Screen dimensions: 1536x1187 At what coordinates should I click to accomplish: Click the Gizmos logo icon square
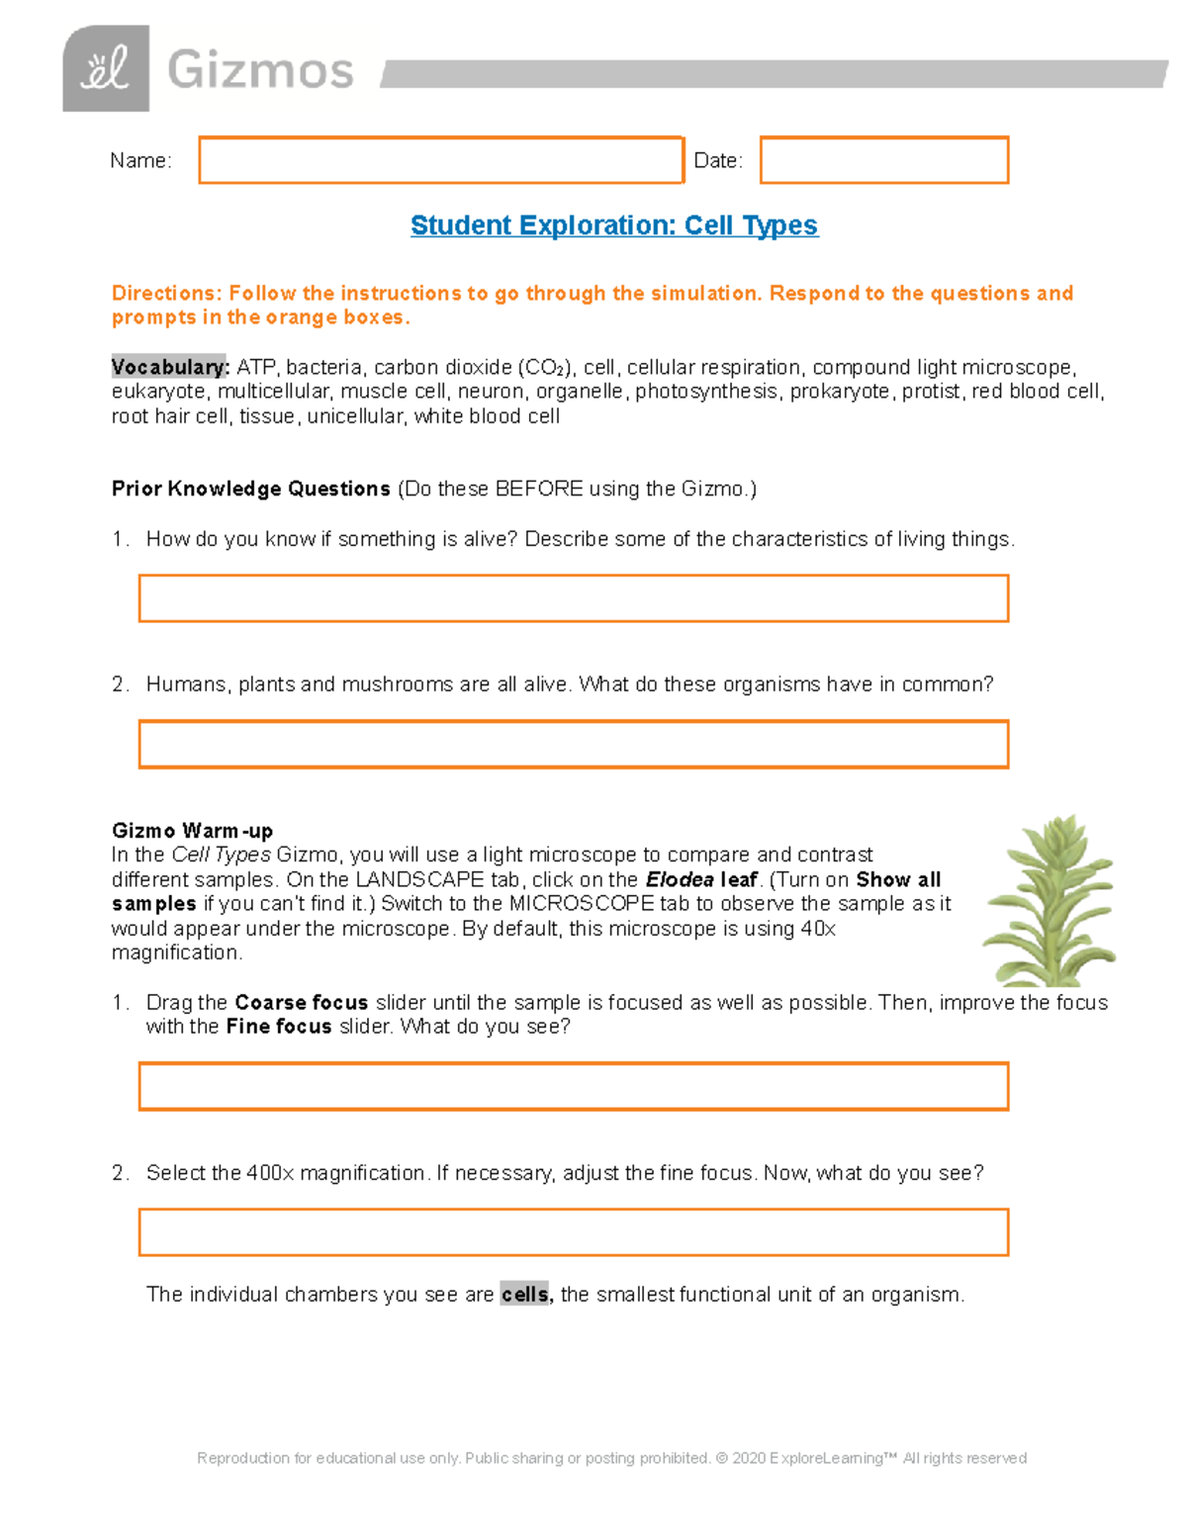[x=106, y=68]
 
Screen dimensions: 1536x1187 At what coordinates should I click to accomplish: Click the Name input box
[x=440, y=160]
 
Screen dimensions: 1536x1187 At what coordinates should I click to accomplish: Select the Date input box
[x=883, y=160]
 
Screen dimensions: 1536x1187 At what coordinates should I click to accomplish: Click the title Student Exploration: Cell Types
[x=613, y=226]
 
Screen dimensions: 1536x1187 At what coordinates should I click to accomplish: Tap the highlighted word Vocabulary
[x=169, y=367]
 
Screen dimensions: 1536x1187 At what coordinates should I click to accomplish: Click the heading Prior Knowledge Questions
[x=251, y=489]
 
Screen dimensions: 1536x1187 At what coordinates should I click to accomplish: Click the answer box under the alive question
[x=573, y=598]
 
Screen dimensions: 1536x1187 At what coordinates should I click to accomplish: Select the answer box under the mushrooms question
[x=573, y=744]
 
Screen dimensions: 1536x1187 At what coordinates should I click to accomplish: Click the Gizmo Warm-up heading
[x=192, y=831]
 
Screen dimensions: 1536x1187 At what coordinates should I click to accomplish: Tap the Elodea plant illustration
[x=1049, y=900]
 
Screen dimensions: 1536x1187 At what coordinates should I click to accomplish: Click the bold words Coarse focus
[x=301, y=1002]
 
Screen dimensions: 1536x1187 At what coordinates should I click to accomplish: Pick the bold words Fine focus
[x=279, y=1027]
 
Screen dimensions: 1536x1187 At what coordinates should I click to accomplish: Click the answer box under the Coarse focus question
[x=573, y=1086]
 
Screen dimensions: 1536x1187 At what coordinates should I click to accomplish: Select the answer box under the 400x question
[x=573, y=1232]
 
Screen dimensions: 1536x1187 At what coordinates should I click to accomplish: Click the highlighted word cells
[x=525, y=1295]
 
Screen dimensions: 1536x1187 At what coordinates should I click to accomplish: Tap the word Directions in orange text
[x=165, y=294]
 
